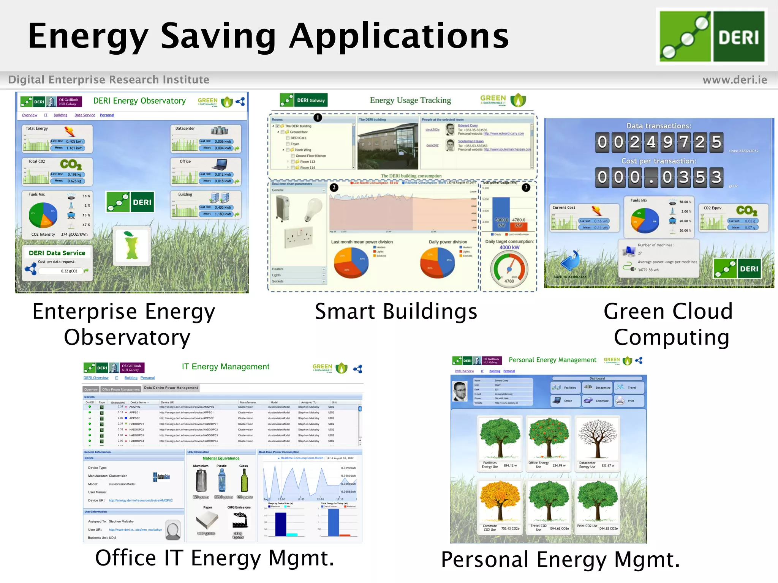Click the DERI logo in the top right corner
tap(712, 36)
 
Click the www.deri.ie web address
tap(734, 80)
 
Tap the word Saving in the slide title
tap(218, 36)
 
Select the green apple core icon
tap(131, 246)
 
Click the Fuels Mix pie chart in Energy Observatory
tap(43, 215)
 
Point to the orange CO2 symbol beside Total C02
tap(71, 164)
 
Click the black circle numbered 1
tap(318, 118)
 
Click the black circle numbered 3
tap(526, 188)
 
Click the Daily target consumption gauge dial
tap(509, 269)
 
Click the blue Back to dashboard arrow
tap(570, 261)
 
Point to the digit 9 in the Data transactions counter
tap(667, 142)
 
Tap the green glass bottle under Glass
tap(244, 481)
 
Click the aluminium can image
tap(201, 481)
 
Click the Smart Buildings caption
tap(396, 312)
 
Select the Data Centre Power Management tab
tap(171, 388)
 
